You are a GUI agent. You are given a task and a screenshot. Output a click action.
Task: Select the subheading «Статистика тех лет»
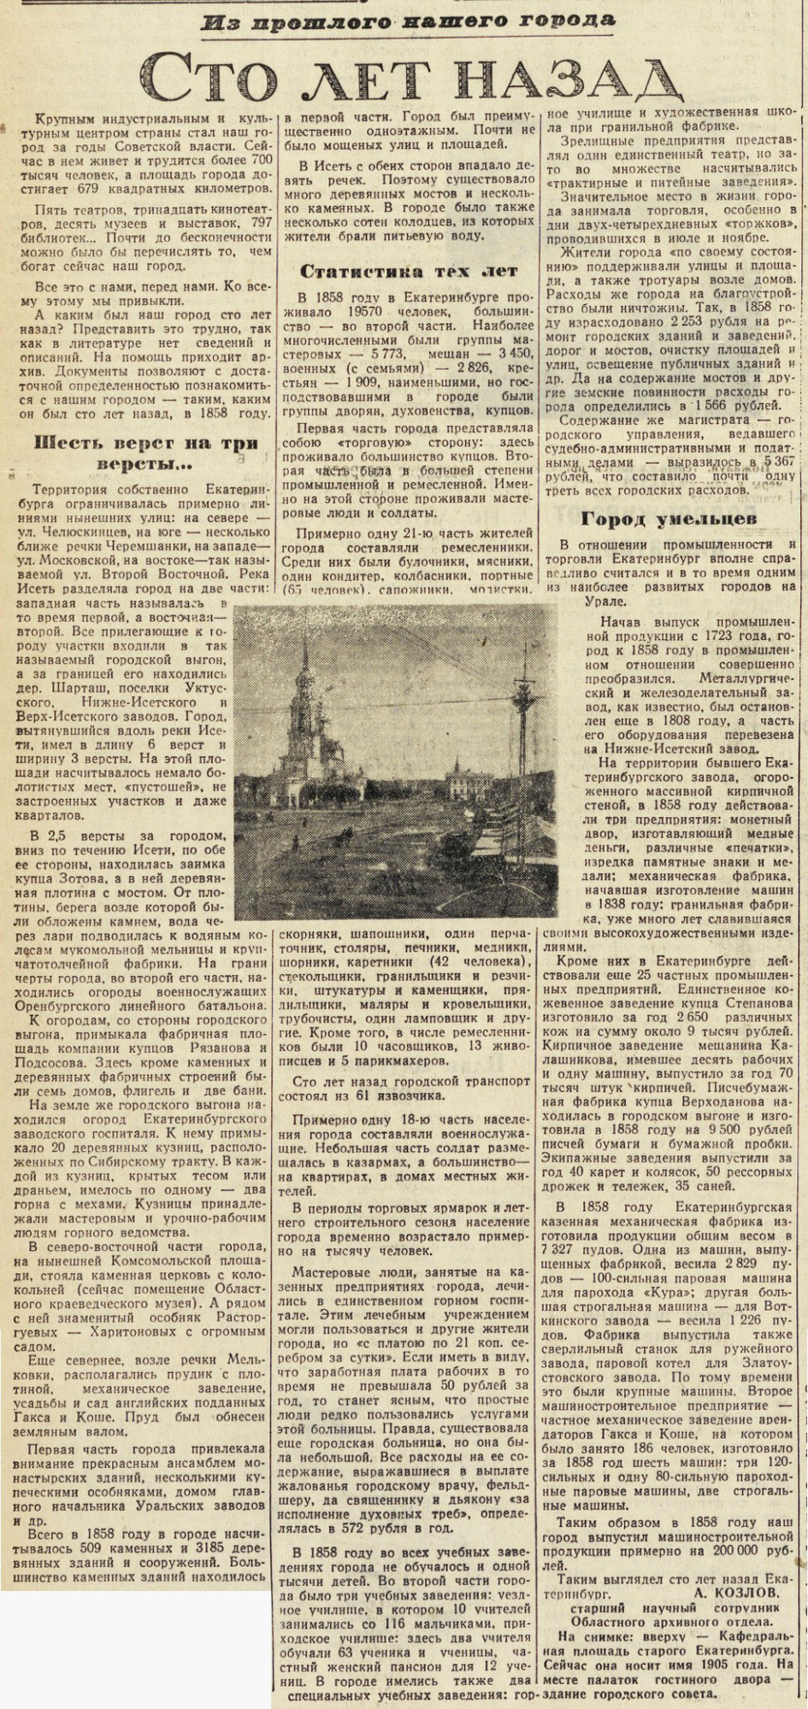(x=409, y=271)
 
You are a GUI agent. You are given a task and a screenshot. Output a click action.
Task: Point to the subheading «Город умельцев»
(x=672, y=519)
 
